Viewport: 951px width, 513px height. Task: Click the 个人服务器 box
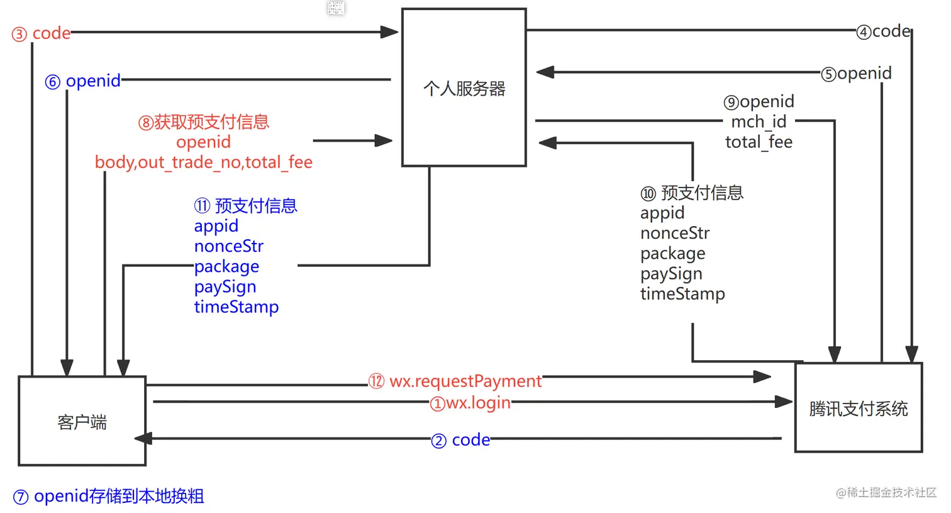(464, 88)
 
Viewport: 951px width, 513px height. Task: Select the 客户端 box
(82, 421)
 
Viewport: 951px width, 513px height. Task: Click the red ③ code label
(42, 33)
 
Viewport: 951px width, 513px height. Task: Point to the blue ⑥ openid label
(83, 81)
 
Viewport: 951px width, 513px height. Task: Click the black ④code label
(884, 31)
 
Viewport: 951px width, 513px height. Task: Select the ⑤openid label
(857, 74)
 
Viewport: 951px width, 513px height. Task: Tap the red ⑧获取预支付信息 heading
(204, 121)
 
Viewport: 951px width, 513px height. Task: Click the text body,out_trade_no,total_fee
(204, 162)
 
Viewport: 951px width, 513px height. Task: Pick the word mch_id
(759, 121)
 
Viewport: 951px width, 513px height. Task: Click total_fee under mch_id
(759, 142)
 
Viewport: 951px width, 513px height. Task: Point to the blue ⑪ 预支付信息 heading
(246, 206)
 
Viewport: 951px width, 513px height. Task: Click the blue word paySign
(225, 287)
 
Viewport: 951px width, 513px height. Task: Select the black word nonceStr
(675, 234)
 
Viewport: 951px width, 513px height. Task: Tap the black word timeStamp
(682, 294)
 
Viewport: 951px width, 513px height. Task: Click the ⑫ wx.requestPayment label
(455, 381)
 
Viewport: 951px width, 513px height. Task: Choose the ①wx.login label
(470, 403)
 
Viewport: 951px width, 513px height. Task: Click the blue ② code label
(461, 440)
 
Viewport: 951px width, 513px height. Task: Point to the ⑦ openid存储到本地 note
(108, 496)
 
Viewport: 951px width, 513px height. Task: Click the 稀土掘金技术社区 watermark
(886, 492)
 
